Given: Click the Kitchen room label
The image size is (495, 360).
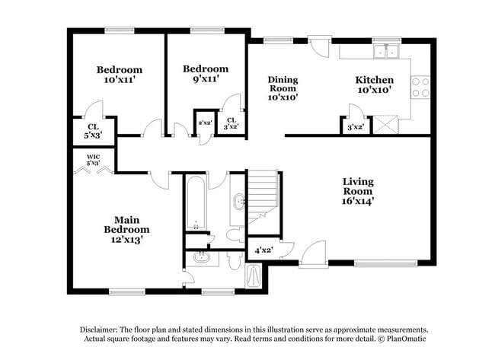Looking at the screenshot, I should (374, 79).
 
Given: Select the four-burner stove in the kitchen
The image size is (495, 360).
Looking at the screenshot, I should (420, 87).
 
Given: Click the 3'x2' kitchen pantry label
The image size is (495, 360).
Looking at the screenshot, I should (356, 127).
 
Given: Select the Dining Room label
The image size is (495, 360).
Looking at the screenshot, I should (283, 88).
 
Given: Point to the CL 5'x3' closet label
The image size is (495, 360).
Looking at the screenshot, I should (93, 130).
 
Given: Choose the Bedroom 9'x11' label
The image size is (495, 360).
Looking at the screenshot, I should (205, 73).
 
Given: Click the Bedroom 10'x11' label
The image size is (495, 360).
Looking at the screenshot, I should (119, 74).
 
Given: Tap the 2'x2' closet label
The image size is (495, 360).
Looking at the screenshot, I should (204, 123).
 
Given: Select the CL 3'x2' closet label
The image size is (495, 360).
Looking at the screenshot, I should (232, 123).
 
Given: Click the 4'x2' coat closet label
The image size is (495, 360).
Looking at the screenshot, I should (263, 249).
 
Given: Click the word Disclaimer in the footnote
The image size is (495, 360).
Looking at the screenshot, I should (104, 329).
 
